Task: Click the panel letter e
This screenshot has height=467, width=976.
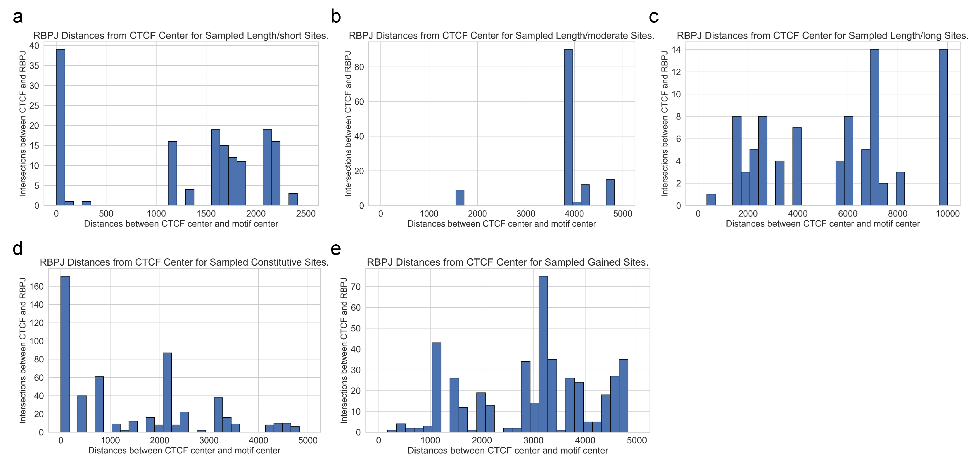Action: [x=336, y=249]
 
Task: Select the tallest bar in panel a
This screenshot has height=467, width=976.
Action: [x=61, y=127]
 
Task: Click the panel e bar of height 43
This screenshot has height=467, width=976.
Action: [x=436, y=387]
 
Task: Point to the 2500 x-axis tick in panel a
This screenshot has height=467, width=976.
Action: [x=306, y=214]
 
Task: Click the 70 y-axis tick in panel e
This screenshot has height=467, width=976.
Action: [x=356, y=287]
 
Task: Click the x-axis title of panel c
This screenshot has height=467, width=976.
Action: [x=823, y=224]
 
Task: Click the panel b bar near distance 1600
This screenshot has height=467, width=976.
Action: [x=460, y=198]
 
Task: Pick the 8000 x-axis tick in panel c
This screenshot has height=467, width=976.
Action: [x=898, y=214]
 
